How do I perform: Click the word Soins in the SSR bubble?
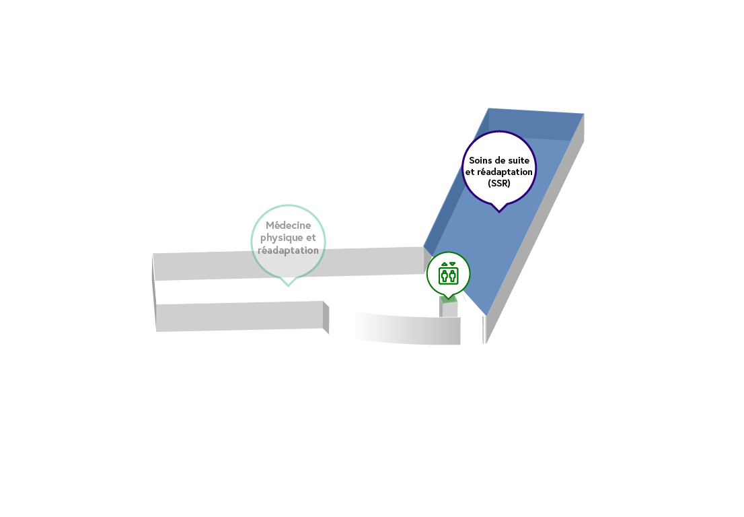pos(481,160)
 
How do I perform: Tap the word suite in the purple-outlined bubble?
pos(518,160)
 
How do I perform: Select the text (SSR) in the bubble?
pos(498,183)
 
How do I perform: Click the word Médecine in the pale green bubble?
pos(288,225)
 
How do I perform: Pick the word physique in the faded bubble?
pos(279,238)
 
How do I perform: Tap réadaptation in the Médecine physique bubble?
pos(288,250)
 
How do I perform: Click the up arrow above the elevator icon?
pos(444,264)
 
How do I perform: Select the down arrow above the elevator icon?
pos(452,264)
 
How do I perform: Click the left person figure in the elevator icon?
pos(445,275)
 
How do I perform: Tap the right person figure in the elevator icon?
pos(452,275)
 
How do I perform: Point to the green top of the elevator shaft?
pos(448,299)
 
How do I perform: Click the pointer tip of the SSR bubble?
pos(498,212)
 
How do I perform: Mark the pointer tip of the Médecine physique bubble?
pos(288,286)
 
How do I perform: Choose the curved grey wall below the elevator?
pos(408,329)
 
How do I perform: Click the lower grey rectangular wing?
pos(239,316)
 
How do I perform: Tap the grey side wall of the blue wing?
pos(535,229)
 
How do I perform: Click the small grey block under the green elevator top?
pos(449,309)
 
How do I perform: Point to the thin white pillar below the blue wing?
pos(484,329)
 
